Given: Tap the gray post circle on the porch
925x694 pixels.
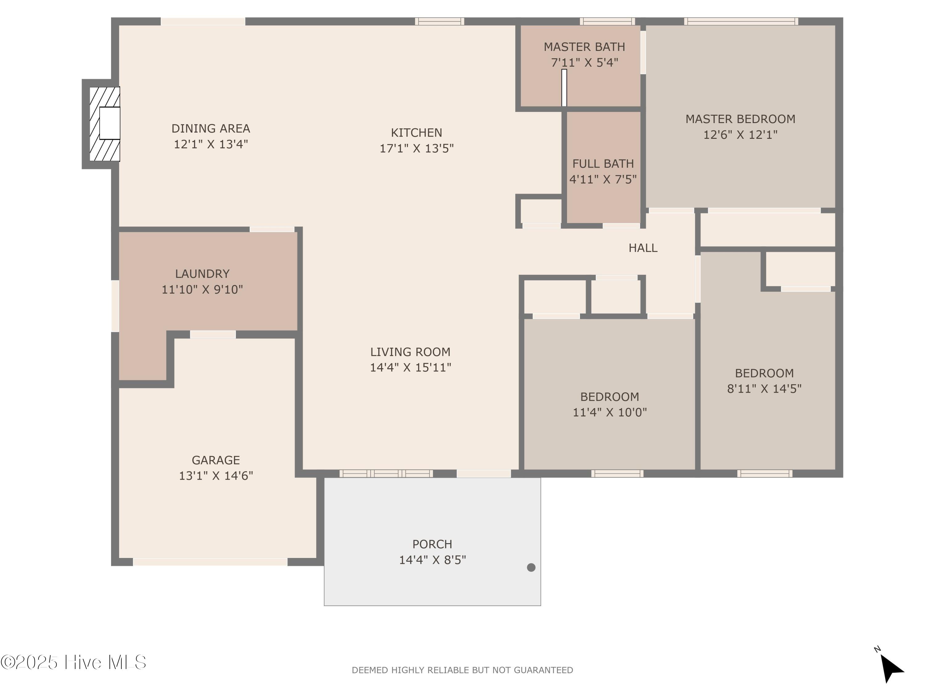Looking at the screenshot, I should (531, 567).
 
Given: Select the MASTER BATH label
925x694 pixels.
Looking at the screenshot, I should (584, 47).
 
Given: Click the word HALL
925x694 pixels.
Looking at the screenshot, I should (643, 248).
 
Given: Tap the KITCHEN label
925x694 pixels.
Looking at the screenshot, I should (416, 133).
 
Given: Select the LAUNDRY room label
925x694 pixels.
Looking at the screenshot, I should (202, 274).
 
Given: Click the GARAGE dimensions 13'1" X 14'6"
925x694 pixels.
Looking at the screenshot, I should (216, 476).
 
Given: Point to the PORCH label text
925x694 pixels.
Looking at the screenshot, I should (432, 544).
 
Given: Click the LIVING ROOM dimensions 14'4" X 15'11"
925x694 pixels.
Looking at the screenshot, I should (410, 367).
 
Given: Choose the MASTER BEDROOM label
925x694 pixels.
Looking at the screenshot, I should (740, 119).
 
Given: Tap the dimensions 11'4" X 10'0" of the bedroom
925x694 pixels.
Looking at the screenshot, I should (609, 412).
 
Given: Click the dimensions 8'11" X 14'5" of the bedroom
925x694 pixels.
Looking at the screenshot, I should (764, 389).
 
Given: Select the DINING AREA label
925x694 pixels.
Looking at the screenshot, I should (211, 128).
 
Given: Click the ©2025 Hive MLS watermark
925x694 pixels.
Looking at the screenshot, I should (73, 662).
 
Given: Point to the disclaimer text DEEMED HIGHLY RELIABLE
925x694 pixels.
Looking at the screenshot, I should (462, 670).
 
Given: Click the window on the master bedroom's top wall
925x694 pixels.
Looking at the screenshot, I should (741, 21).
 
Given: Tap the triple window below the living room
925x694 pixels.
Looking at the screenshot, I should (386, 473).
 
